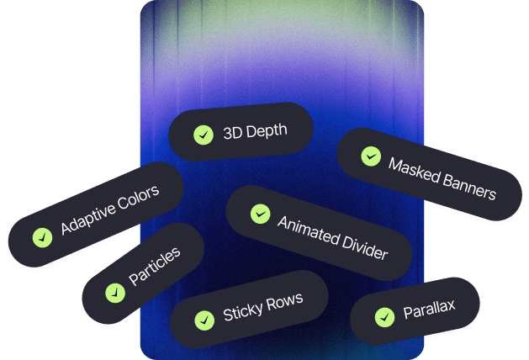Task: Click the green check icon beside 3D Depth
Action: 204,135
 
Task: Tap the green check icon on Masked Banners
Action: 371,156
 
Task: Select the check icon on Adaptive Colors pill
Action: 43,237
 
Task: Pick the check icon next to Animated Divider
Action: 261,214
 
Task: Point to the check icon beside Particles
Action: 115,293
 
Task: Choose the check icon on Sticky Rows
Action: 204,320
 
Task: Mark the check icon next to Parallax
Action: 384,317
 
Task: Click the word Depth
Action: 267,131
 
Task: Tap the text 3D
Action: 232,133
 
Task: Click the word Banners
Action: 469,188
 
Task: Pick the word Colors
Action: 138,199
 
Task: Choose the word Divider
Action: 364,248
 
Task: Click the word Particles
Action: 155,267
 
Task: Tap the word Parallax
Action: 429,309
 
